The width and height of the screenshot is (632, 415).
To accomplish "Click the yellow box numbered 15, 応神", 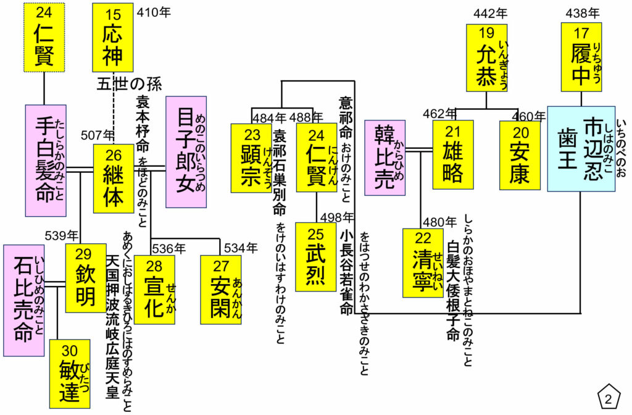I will tap(113, 38).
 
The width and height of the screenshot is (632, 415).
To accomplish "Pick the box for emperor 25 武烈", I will tap(315, 257).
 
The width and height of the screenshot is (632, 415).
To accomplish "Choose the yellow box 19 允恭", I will tap(486, 57).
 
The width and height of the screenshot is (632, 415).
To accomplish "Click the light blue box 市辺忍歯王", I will tap(581, 149).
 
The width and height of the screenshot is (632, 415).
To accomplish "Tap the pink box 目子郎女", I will tap(186, 151).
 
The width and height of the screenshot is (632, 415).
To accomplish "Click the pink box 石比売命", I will tap(23, 300).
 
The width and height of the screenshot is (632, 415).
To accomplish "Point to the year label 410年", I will tap(153, 12).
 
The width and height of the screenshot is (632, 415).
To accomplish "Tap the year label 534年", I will tap(241, 248).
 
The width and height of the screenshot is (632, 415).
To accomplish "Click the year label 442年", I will tap(490, 12).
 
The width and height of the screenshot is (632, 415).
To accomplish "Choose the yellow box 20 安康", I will tap(520, 154).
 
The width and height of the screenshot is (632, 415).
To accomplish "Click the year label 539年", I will tap(61, 235).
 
